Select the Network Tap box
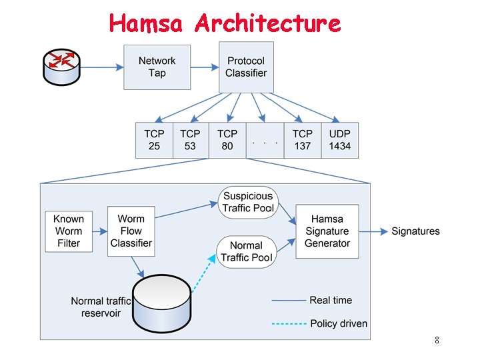pos(157,67)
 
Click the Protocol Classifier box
pos(245,67)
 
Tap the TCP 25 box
pos(154,140)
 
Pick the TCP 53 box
pos(190,140)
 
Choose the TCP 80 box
pos(227,140)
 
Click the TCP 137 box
pos(302,140)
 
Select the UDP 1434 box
pos(339,140)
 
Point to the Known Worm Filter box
pos(69,231)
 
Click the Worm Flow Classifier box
pos(131,231)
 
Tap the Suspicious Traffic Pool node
pos(248,202)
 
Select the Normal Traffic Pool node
pos(246,251)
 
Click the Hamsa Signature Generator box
pos(327,231)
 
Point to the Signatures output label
pos(415,231)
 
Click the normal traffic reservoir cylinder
pos(162,303)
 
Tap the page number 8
pos(437,341)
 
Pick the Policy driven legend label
pos(339,324)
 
